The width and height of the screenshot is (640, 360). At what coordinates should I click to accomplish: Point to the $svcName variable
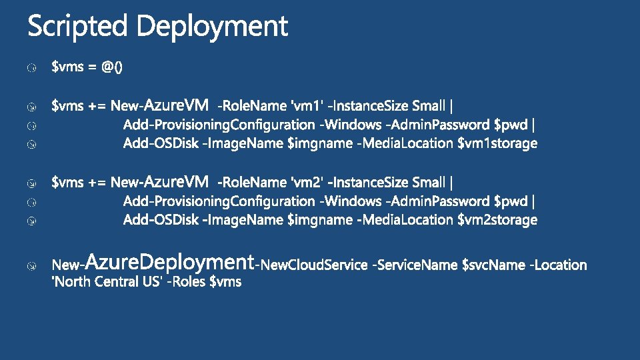(x=493, y=265)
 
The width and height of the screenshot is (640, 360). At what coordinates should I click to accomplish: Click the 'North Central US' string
(x=107, y=282)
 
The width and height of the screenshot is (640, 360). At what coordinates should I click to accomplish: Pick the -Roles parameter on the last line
(x=186, y=282)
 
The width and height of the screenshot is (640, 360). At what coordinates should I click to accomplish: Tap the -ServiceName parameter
(x=415, y=265)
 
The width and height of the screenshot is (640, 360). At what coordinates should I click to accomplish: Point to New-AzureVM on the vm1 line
(x=160, y=105)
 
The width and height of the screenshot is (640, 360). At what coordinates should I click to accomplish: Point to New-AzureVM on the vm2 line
(x=160, y=182)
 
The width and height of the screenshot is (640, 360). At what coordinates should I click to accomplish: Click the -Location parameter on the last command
(x=558, y=265)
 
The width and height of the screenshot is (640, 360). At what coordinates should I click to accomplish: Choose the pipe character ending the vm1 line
(x=453, y=105)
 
